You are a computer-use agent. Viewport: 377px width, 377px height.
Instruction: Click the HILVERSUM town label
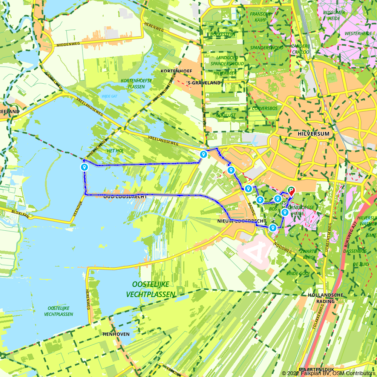point(313,134)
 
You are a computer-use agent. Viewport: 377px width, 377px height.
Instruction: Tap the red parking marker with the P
point(291,191)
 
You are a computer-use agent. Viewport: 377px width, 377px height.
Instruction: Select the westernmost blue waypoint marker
point(84,167)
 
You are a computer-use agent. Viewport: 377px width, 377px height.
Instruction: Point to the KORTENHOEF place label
point(176,71)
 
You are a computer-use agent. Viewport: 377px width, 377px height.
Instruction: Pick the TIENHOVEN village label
point(116,334)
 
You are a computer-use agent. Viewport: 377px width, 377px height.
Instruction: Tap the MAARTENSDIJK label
point(317,369)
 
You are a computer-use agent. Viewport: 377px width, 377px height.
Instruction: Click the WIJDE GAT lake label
point(109,96)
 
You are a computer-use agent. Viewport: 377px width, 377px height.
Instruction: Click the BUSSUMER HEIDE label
point(334,15)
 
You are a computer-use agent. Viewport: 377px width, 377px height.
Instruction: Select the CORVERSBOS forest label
point(265,109)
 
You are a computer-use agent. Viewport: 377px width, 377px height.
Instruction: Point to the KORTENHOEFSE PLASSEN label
point(131,84)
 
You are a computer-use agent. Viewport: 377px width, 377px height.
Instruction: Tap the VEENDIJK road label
point(79,207)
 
